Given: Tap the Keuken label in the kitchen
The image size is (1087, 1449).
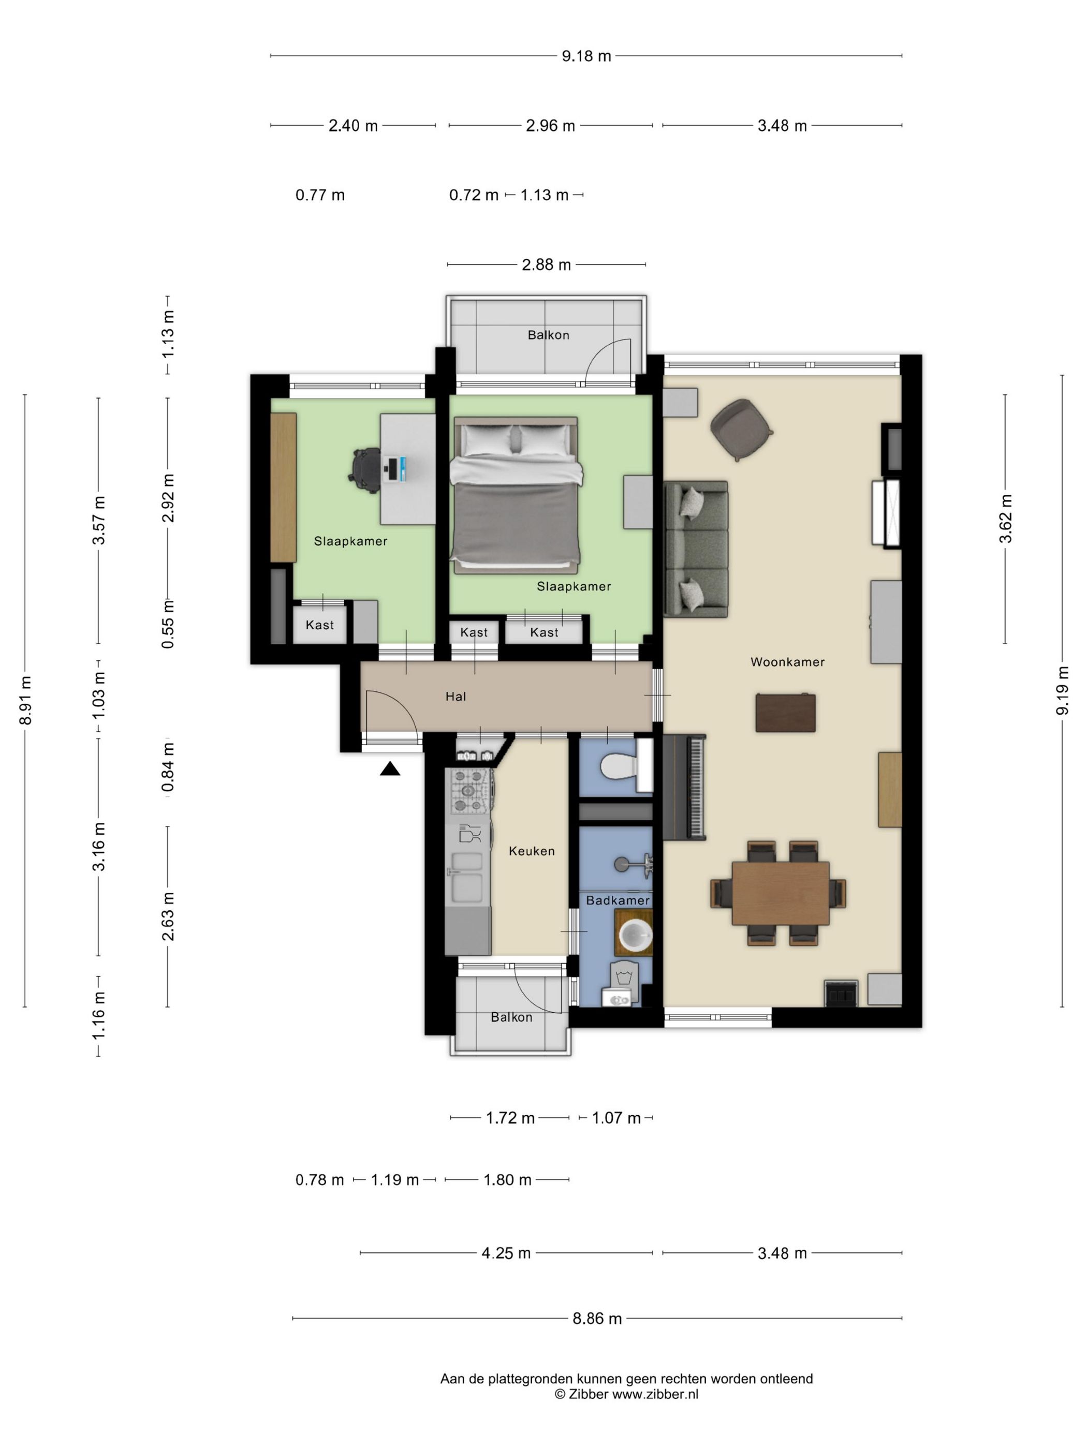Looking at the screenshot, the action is point(532,851).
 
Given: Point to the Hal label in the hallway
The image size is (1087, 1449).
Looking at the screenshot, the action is point(456,697).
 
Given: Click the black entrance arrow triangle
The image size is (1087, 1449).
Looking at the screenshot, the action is point(390,769).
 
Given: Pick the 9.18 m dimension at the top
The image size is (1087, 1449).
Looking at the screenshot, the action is point(586,56).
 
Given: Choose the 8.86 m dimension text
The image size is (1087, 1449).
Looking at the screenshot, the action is point(597,1319).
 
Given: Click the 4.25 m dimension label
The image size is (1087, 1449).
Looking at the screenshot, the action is point(506,1253).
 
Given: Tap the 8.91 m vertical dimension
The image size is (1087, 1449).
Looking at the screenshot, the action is point(26,700).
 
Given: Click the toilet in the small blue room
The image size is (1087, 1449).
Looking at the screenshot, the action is point(626,766).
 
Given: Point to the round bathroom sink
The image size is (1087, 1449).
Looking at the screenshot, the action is point(633,934).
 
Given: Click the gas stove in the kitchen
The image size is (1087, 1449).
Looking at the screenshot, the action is point(469,791).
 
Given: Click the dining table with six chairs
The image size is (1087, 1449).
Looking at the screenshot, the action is point(778,893).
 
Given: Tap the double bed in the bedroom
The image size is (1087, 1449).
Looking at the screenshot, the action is point(516,495).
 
